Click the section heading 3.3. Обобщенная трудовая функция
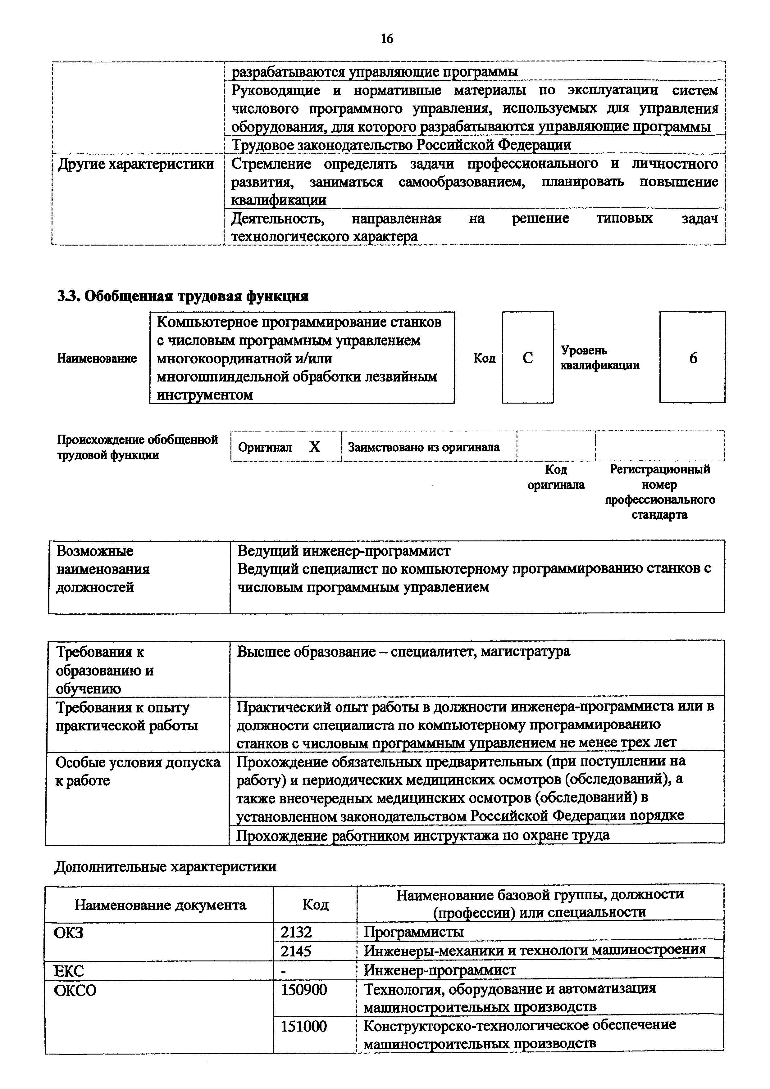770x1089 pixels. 183,296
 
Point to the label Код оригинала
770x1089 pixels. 556,477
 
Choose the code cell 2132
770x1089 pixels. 297,932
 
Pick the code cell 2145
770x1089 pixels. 297,951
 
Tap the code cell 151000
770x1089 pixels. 304,1026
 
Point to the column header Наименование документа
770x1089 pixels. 160,905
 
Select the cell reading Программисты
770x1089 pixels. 413,932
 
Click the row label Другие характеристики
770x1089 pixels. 136,165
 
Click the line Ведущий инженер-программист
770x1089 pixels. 344,551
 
